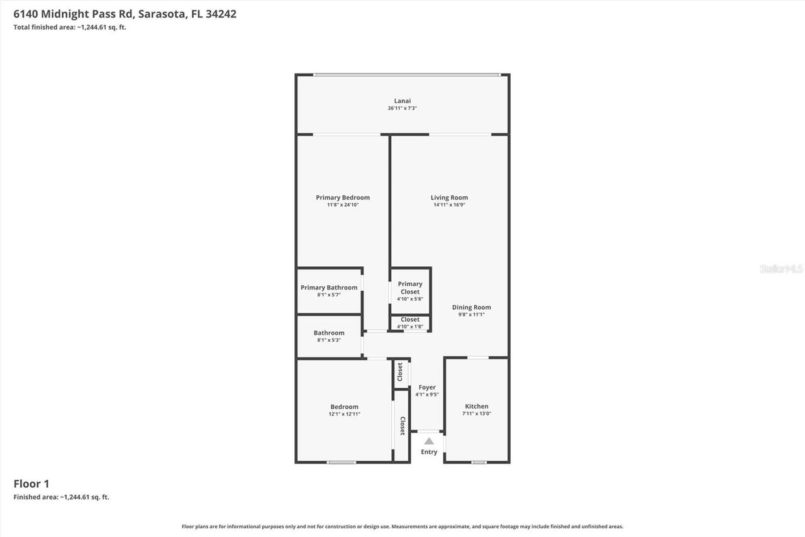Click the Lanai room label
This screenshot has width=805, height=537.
click(402, 101)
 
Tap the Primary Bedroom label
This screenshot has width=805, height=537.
click(343, 197)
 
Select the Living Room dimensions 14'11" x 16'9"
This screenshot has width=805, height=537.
click(449, 205)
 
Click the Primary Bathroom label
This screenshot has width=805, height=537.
click(329, 288)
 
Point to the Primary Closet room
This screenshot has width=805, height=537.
click(410, 291)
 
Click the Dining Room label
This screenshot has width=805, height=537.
click(471, 307)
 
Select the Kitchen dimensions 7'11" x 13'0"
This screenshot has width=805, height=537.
click(477, 414)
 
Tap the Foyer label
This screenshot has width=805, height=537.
click(427, 387)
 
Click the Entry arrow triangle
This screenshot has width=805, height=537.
click(429, 441)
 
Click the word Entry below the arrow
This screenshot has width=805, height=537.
click(429, 452)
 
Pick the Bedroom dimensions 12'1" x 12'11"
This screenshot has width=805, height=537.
click(344, 414)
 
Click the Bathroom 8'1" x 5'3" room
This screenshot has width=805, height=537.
click(329, 336)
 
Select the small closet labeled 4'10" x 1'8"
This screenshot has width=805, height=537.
click(410, 324)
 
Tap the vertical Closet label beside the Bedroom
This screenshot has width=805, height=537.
click(402, 426)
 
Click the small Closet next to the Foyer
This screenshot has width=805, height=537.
click(401, 373)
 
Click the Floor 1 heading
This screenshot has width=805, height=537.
click(31, 483)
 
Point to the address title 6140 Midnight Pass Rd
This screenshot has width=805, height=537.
click(125, 14)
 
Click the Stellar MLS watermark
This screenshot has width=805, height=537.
click(781, 269)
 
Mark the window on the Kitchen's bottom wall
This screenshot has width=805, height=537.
click(479, 463)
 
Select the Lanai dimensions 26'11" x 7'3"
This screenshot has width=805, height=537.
click(402, 108)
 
